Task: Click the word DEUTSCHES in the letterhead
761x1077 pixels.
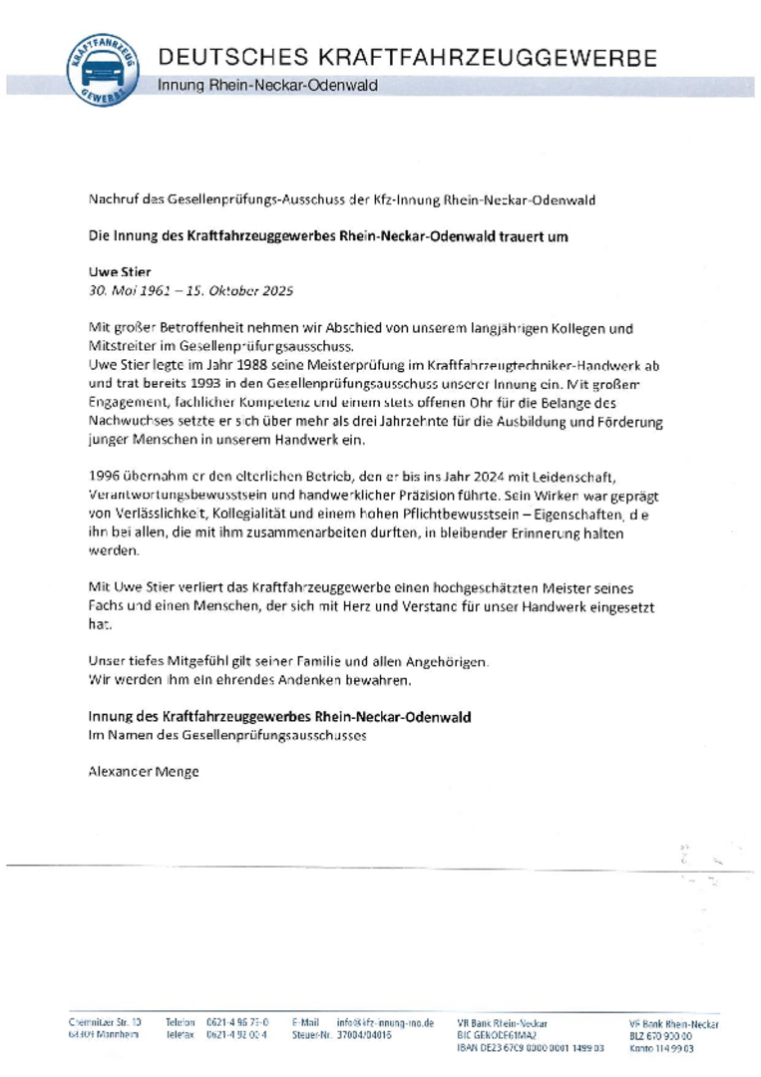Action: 227,58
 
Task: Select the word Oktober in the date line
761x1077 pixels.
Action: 227,291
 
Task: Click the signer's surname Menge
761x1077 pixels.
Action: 176,771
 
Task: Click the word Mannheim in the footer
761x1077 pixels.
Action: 118,1035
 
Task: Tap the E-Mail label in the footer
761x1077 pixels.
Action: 305,1022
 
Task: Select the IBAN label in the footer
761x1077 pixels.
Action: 468,1048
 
